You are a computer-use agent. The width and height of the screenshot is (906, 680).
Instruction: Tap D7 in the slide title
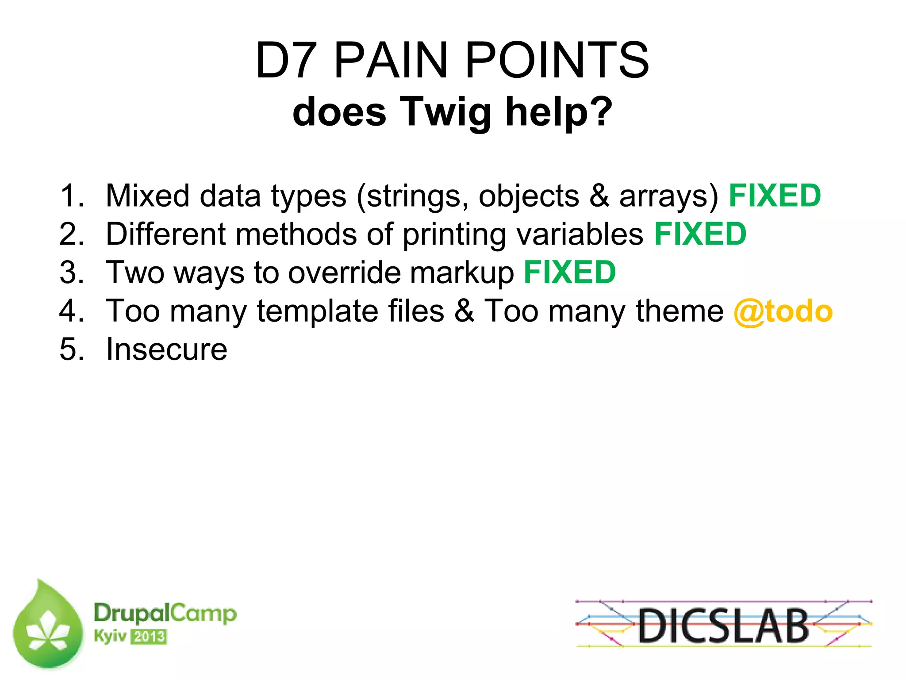click(x=286, y=60)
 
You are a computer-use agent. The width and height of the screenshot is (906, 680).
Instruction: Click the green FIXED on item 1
click(x=775, y=196)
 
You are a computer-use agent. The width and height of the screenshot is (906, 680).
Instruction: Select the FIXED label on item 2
click(x=700, y=234)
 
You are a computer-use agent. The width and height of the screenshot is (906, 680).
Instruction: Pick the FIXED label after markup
click(x=570, y=273)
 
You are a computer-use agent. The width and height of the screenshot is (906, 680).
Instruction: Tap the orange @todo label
click(x=783, y=311)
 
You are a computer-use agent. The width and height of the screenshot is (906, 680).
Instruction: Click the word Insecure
click(x=167, y=350)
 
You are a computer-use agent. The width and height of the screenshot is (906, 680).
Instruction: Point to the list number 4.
click(x=71, y=311)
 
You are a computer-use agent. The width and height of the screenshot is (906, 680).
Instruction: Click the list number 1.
click(x=71, y=196)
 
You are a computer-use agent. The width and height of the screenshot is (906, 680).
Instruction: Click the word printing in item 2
click(x=454, y=235)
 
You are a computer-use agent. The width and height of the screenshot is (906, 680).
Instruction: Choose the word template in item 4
click(x=317, y=311)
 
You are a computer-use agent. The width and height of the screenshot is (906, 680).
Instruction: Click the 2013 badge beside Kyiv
click(x=149, y=637)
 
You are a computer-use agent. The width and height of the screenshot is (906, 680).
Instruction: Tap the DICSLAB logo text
click(x=723, y=625)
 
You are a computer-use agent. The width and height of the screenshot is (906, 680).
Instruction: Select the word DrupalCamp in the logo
click(x=165, y=613)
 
